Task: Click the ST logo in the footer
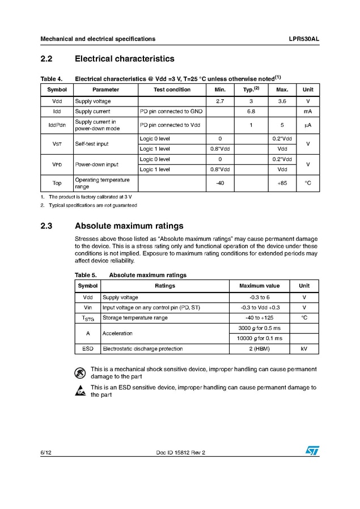(x=312, y=450)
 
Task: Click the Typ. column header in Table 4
(x=251, y=90)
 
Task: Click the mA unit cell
(x=308, y=112)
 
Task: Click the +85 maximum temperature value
(x=282, y=183)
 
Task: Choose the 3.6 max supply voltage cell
(x=282, y=101)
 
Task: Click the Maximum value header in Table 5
(x=259, y=286)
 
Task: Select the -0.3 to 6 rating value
(x=259, y=297)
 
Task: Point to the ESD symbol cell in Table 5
(x=88, y=349)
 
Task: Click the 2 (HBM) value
(x=259, y=349)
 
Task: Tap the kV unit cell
(x=304, y=349)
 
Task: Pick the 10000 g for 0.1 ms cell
(x=259, y=338)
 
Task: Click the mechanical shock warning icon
(x=80, y=372)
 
